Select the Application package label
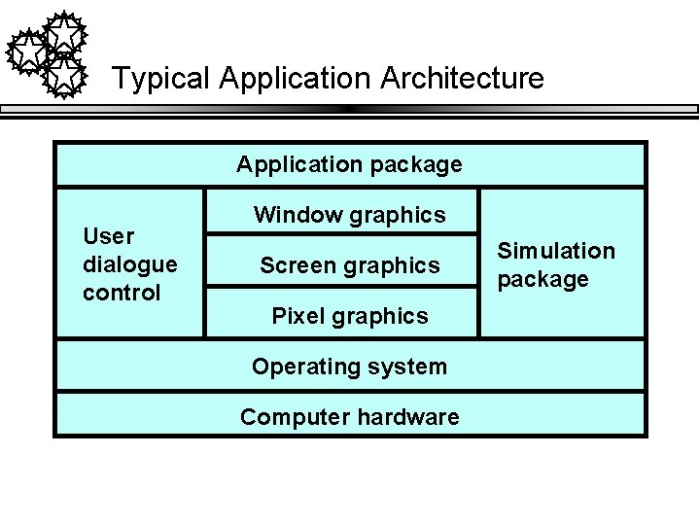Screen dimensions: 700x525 pyautogui.click(x=349, y=164)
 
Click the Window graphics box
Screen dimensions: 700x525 pyautogui.click(x=349, y=215)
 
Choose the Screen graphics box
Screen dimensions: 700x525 pyautogui.click(x=349, y=265)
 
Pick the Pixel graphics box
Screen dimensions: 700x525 pyautogui.click(x=349, y=316)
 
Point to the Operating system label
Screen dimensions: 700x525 pyautogui.click(x=349, y=367)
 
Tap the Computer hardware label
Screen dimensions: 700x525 pyautogui.click(x=349, y=417)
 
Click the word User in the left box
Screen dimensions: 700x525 pyautogui.click(x=109, y=236)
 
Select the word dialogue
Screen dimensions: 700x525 pyautogui.click(x=130, y=264)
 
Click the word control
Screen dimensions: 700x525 pyautogui.click(x=122, y=293)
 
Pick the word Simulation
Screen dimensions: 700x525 pyautogui.click(x=556, y=251)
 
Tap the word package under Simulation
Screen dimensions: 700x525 pyautogui.click(x=542, y=280)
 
